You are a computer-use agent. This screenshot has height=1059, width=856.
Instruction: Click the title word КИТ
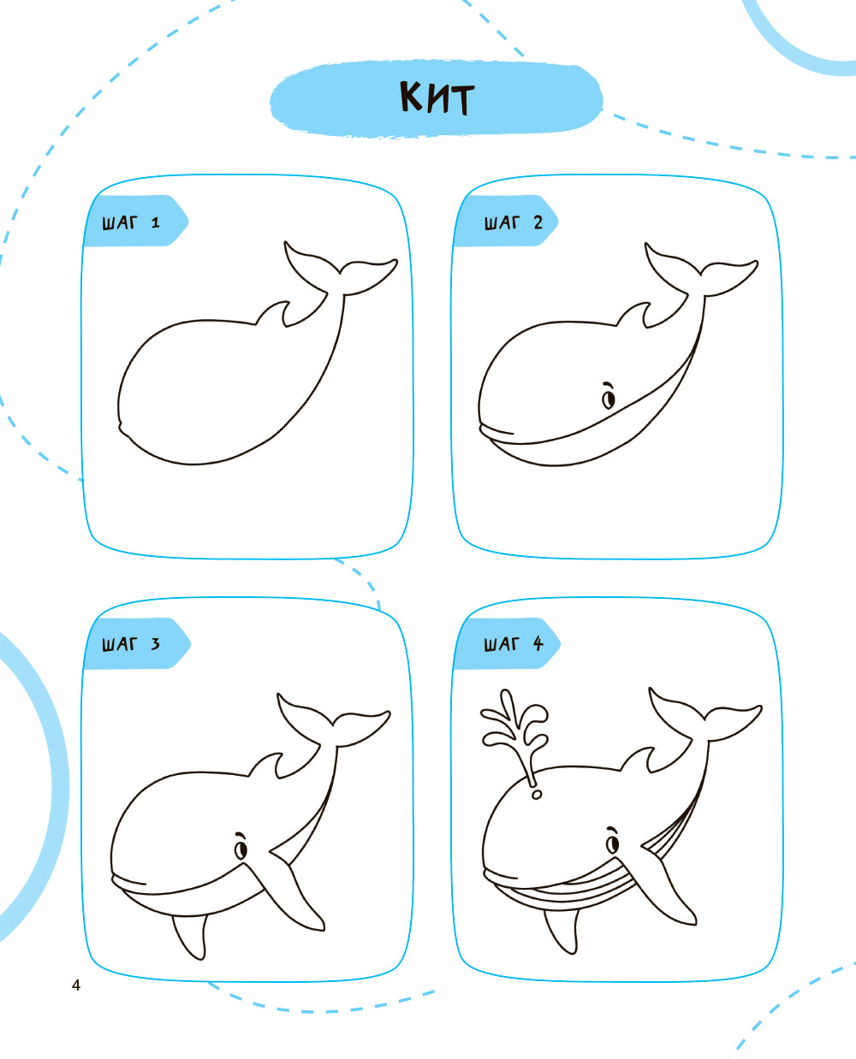[x=437, y=98]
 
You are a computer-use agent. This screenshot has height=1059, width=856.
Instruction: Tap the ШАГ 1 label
[x=131, y=222]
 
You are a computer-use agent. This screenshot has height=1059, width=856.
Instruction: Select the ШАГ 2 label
[x=514, y=222]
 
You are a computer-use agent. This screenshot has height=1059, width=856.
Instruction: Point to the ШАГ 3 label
[x=131, y=644]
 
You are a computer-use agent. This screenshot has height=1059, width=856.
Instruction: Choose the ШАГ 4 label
[x=514, y=644]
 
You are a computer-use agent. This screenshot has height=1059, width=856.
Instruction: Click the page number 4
[x=75, y=985]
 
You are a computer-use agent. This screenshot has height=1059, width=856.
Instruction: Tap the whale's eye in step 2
[x=609, y=396]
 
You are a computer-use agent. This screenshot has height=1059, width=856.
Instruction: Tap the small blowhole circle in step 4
[x=536, y=795]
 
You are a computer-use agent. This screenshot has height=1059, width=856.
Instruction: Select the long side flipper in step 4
[x=667, y=881]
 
